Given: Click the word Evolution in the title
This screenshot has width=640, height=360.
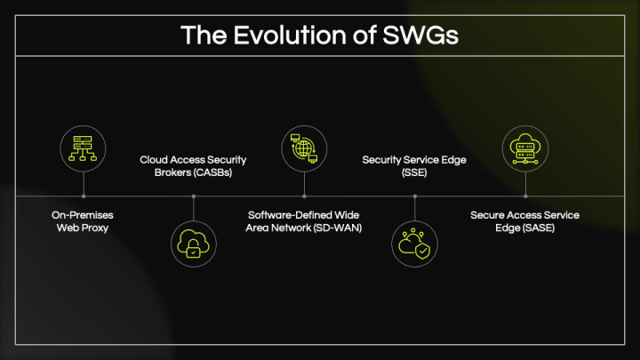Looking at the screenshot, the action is point(290,35).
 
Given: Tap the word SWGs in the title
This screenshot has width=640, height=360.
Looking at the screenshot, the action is point(420,35).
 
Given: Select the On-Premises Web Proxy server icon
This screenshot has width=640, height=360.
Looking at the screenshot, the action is point(83,148).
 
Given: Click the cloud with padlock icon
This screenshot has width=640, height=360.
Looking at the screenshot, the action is point(194,244).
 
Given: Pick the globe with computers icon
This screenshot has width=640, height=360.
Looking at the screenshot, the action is point(304,148).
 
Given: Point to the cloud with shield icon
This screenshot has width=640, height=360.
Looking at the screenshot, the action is point(414,244).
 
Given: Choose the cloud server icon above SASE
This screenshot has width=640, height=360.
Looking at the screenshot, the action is point(525,148).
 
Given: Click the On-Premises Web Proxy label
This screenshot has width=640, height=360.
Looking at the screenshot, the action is point(83,221).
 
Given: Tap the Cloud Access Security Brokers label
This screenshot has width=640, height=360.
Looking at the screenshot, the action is point(193,166).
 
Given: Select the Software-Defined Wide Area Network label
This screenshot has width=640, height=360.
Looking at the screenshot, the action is point(304,221).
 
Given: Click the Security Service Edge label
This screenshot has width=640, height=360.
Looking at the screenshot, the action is point(414,166).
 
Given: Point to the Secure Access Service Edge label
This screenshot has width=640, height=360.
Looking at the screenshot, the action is point(525,221).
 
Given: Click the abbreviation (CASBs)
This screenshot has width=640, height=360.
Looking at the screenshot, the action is point(212,172).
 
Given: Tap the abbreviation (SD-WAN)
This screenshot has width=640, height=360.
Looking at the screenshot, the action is point(338,228).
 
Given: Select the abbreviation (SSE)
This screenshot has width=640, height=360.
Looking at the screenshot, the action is point(414,172).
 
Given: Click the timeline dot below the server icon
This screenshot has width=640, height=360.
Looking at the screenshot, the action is point(84,196).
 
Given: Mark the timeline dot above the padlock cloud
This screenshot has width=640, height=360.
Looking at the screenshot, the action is point(194,196).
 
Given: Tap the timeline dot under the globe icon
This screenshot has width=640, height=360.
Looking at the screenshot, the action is point(304,196).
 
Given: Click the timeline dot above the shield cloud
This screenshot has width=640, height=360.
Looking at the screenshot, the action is point(415,196).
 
